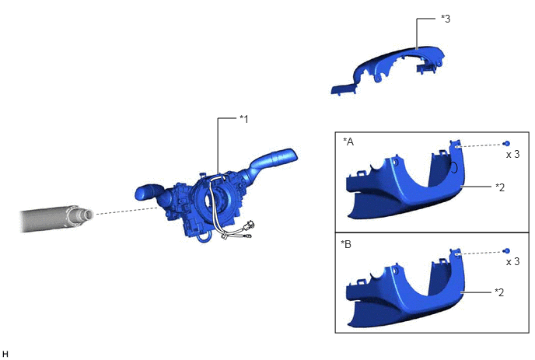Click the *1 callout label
(x=243, y=119)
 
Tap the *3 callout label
(x=446, y=19)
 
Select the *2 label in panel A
(x=499, y=187)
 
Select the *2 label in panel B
(x=499, y=292)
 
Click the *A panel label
(x=348, y=142)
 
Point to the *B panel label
(x=346, y=244)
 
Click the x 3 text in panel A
(x=512, y=154)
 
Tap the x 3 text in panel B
(x=512, y=261)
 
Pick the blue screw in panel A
(x=507, y=144)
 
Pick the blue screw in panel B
(x=507, y=251)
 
